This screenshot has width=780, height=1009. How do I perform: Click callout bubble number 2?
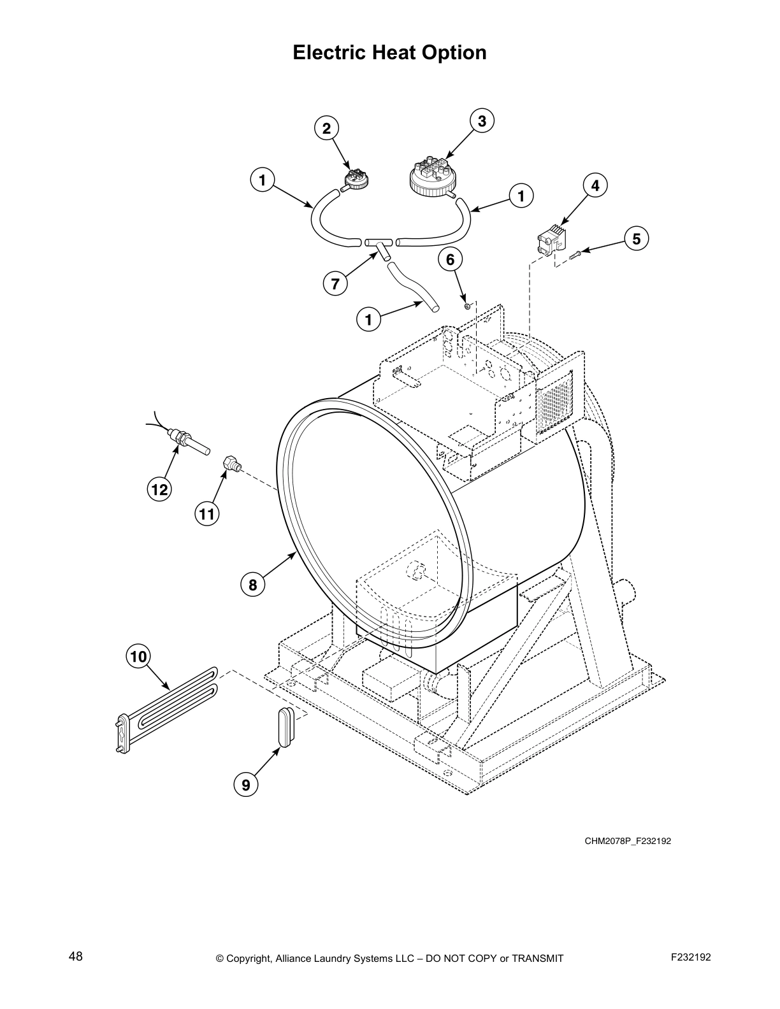click(326, 129)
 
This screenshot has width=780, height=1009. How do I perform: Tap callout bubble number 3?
click(482, 121)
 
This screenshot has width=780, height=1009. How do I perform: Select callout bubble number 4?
click(595, 186)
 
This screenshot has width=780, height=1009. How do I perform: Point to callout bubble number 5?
click(636, 239)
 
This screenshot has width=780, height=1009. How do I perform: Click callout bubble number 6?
click(450, 259)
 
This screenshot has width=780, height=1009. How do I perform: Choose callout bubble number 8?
click(253, 585)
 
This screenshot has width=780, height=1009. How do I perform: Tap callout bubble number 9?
click(246, 785)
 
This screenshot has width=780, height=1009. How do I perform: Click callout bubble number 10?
click(138, 655)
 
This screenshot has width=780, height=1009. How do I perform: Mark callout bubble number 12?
click(159, 489)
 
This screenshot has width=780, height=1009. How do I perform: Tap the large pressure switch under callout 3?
click(432, 176)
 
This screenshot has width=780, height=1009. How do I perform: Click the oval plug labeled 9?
click(284, 725)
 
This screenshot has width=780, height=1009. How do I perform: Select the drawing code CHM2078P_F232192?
click(628, 841)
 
